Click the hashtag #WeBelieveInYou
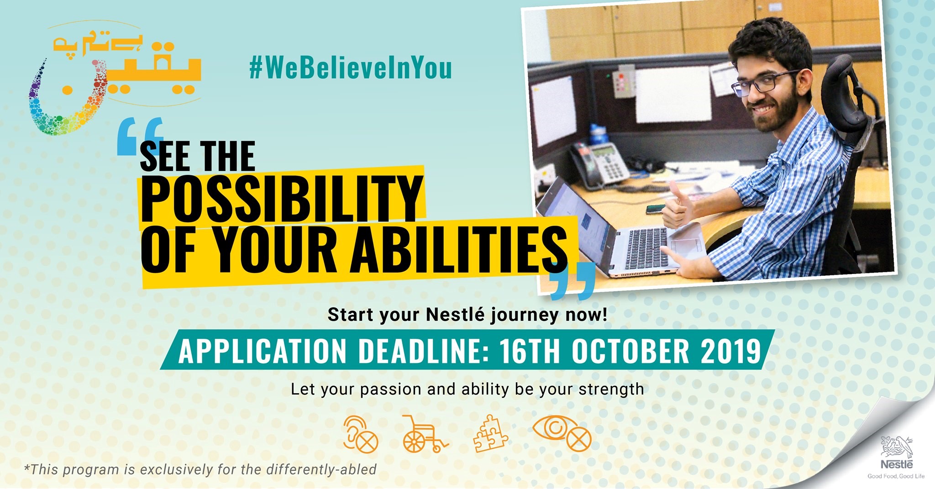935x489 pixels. pyautogui.click(x=351, y=68)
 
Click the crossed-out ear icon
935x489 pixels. pyautogui.click(x=361, y=434)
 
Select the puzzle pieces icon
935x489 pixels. pyautogui.click(x=490, y=434)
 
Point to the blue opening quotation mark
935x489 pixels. pyautogui.click(x=140, y=136)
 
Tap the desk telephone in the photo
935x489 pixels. pyautogui.click(x=600, y=164)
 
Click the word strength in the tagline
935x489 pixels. pyautogui.click(x=611, y=389)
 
